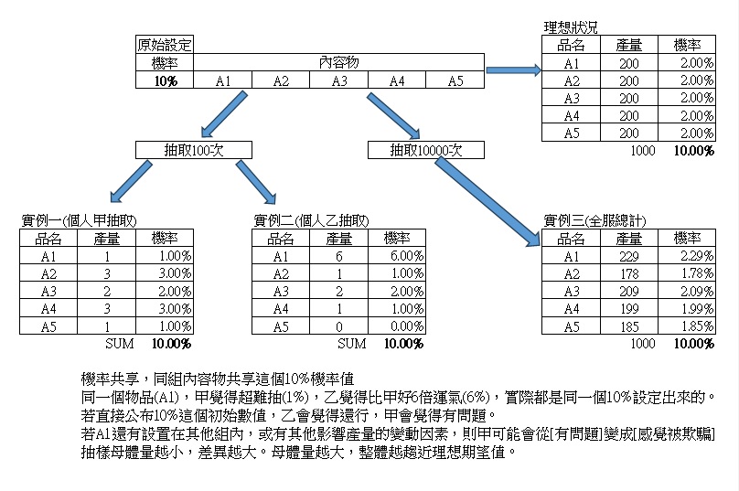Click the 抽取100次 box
point(194,150)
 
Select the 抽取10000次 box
point(425,150)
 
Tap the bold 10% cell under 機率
point(165,80)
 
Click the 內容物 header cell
point(339,62)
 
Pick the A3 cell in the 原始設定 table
point(339,80)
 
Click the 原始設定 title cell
point(165,45)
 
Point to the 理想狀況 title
point(571,27)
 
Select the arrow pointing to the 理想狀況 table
point(513,70)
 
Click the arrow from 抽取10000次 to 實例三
point(487,202)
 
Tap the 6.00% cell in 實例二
point(397,256)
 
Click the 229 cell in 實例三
point(628,256)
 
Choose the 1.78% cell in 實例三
point(687,273)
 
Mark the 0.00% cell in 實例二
point(397,326)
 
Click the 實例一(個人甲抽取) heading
point(79,220)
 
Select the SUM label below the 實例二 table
point(351,344)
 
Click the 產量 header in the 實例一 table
point(106,239)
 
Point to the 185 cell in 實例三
point(628,326)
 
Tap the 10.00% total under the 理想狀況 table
point(694,151)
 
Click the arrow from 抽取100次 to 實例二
point(256,182)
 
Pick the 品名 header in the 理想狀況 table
point(571,45)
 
